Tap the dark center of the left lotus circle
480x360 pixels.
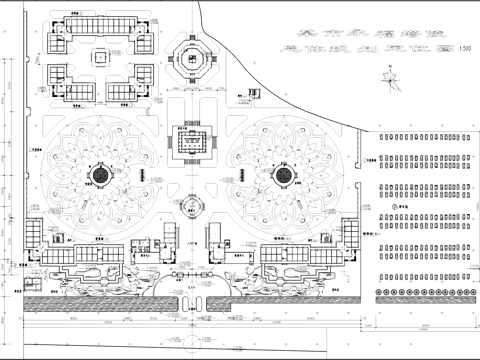point(101,177)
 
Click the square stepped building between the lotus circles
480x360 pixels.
point(191,143)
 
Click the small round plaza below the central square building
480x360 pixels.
point(191,208)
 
